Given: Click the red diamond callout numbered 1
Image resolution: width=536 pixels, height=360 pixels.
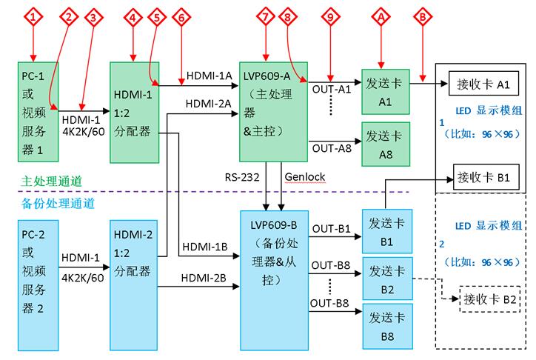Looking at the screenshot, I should (x=33, y=16).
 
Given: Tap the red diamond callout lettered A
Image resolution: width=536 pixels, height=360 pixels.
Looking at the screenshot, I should (x=381, y=16).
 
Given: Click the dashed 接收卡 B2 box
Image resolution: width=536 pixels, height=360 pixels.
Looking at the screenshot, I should (x=489, y=299).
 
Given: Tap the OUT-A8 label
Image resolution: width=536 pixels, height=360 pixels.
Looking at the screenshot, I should (x=331, y=149).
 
